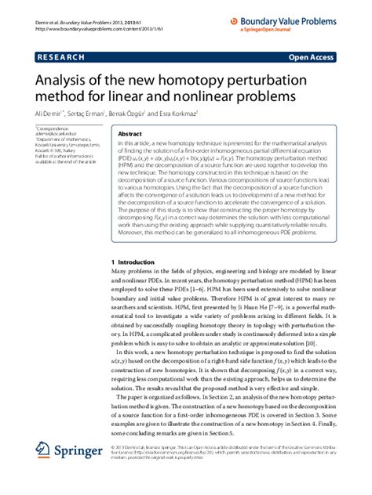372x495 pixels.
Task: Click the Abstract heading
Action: [x=130, y=134]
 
